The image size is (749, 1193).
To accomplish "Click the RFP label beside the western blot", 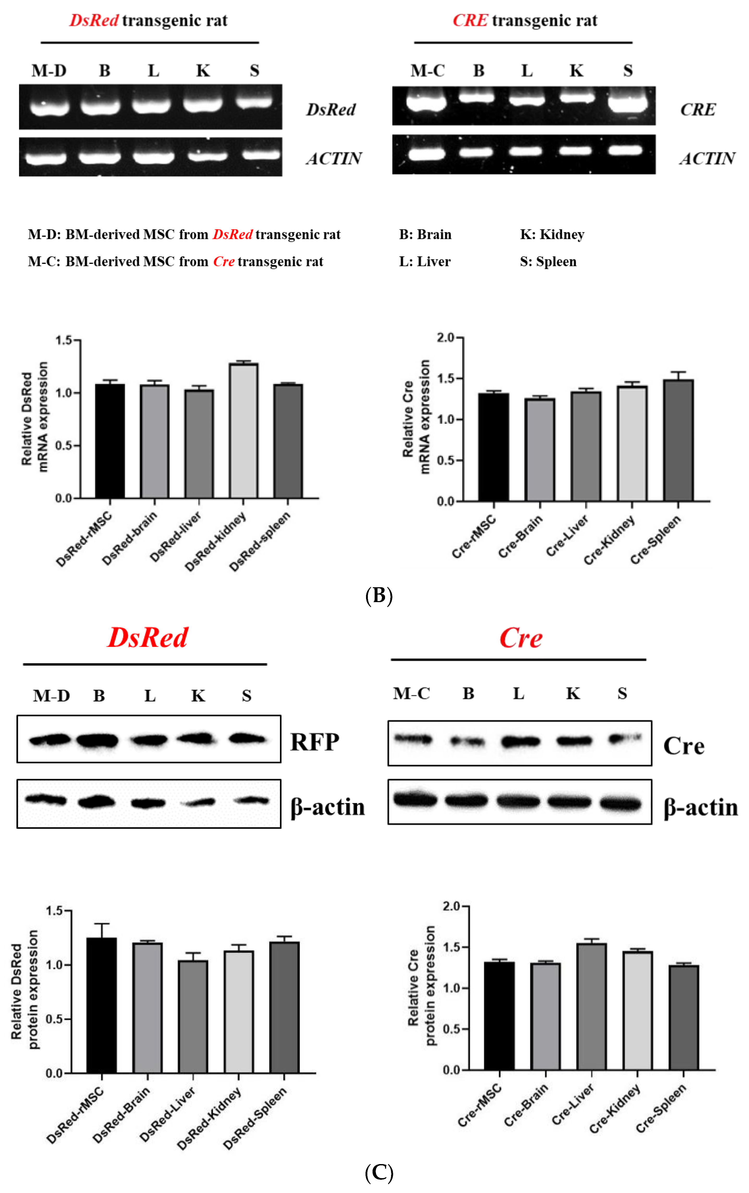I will click(315, 742).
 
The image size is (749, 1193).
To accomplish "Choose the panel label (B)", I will click(379, 595).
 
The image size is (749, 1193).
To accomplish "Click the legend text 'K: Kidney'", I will click(552, 234).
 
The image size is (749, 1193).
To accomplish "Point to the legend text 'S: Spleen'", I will click(548, 262).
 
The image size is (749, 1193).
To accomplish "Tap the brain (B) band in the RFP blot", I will click(98, 741).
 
